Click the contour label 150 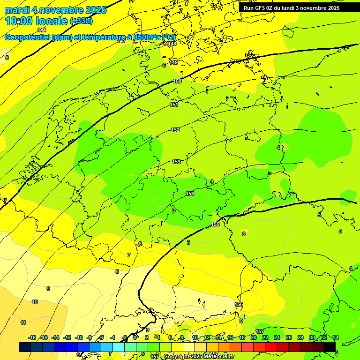[177, 81]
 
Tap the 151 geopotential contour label [174, 105]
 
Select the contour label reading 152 [175, 130]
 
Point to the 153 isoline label [176, 162]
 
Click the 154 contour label [190, 194]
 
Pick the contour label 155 [215, 225]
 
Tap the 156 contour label [239, 304]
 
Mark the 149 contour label [173, 62]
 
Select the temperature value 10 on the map [35, 302]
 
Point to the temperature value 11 [23, 322]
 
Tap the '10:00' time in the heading [22, 21]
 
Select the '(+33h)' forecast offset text [81, 21]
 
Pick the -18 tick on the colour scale [32, 337]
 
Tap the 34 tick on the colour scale [335, 337]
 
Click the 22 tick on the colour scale [265, 337]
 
